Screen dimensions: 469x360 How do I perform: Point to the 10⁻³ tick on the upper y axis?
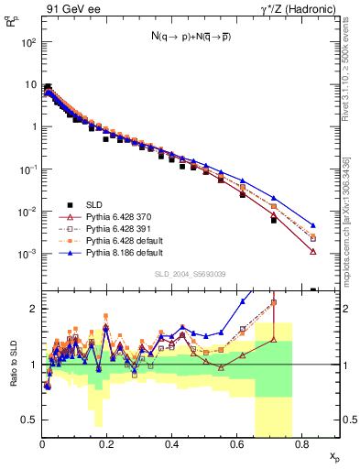coord(29,253)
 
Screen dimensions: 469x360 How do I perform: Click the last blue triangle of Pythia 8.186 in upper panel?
coord(313,225)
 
